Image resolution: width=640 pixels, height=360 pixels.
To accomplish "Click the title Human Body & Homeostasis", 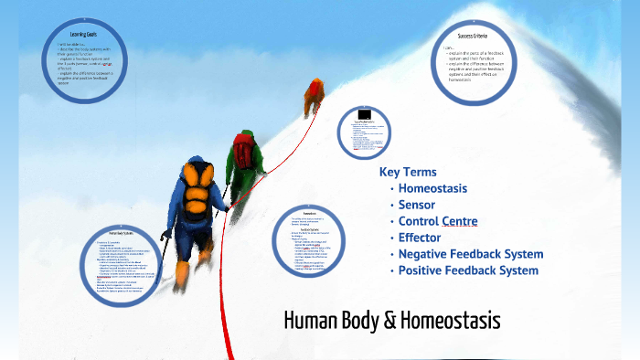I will tap(392, 323).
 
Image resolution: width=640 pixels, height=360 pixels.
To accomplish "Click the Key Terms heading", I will tap(407, 172).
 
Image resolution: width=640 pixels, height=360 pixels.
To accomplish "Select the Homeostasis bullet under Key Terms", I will tap(432, 188).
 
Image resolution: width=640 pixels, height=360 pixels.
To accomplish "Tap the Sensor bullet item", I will tap(417, 205).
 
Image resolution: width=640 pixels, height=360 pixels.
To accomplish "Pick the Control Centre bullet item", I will tap(438, 221).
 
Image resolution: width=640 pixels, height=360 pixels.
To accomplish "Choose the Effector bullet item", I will tap(420, 238).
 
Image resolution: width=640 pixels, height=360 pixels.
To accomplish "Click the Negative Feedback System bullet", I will tap(471, 254).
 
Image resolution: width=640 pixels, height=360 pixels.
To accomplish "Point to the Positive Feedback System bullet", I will tap(468, 270).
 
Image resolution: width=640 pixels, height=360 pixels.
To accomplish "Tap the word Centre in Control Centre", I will tap(460, 221).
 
